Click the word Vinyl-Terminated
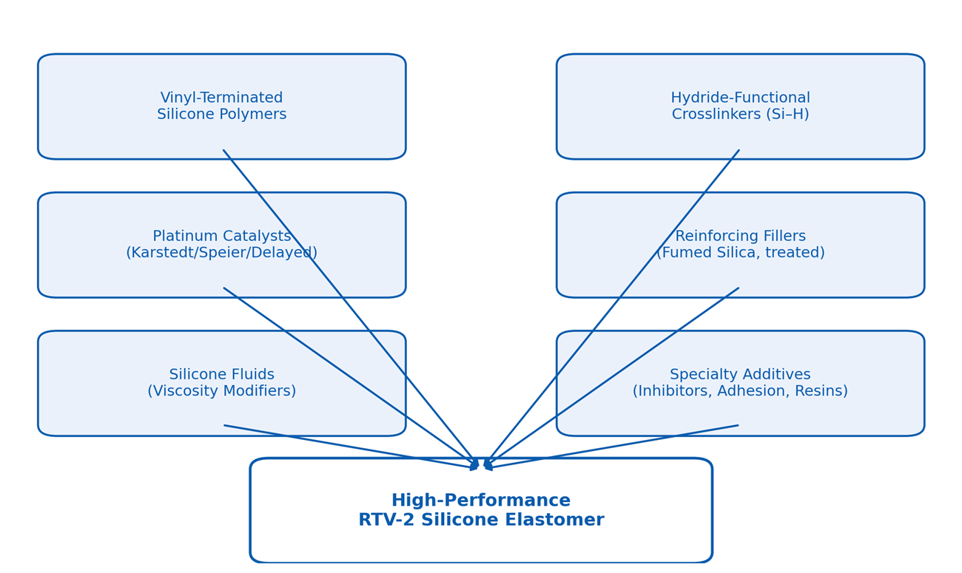(221, 98)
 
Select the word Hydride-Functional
(740, 98)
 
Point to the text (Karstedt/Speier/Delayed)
(221, 253)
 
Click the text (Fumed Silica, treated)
(740, 253)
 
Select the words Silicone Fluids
(221, 374)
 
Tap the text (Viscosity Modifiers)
(221, 391)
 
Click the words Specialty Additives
(740, 374)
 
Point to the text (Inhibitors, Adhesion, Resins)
(740, 391)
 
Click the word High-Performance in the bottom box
(481, 501)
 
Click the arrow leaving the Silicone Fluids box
(348, 447)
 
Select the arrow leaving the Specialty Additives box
(614, 447)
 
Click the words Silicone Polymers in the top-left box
(221, 115)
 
